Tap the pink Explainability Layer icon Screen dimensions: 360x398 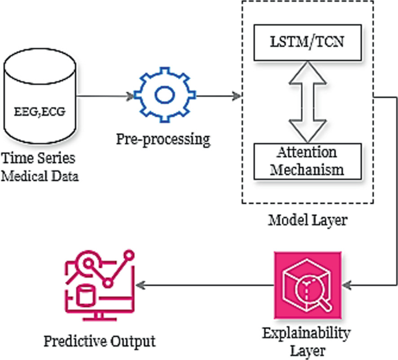(x=306, y=286)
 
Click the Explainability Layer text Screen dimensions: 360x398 (x=306, y=342)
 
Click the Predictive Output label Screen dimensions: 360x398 (x=100, y=341)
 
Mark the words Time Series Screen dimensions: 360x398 (x=39, y=158)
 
